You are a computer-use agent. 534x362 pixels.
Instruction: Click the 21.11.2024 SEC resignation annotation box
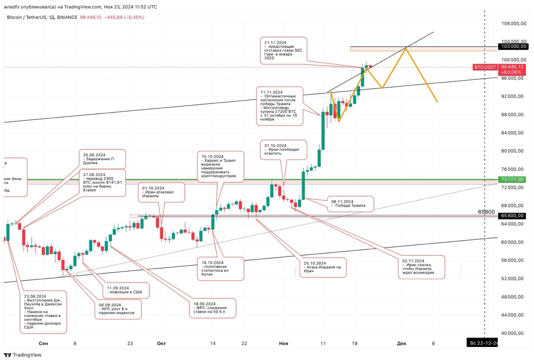click(x=283, y=50)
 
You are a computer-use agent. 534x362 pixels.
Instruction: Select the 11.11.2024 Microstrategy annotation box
click(x=280, y=106)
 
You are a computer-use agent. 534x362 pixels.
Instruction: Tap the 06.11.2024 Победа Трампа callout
click(x=350, y=204)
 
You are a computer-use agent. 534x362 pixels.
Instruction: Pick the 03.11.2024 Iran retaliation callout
click(x=421, y=267)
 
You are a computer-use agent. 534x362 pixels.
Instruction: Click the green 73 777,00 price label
click(x=513, y=179)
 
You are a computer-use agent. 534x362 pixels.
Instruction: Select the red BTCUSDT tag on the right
click(x=485, y=67)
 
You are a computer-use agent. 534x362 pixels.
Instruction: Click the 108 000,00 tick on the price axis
click(x=513, y=23)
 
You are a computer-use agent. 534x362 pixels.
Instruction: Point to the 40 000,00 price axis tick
click(x=513, y=333)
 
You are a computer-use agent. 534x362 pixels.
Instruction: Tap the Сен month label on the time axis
click(x=43, y=344)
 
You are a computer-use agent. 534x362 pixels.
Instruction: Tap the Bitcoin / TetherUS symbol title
click(x=42, y=17)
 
